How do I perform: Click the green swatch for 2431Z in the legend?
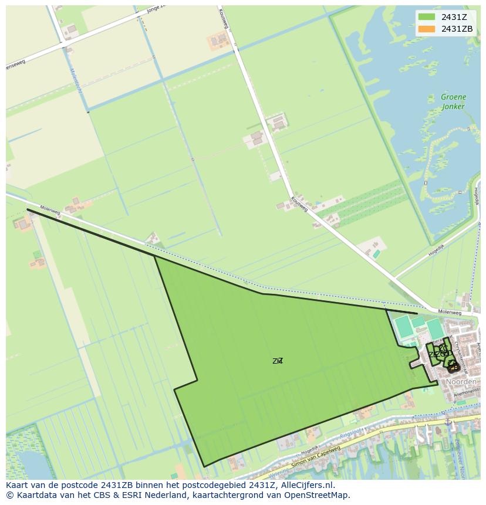tap(427, 17)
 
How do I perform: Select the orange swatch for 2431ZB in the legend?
tap(427, 29)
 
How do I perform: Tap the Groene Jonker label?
tap(453, 101)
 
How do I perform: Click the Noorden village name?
tap(461, 382)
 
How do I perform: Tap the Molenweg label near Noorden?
tap(451, 312)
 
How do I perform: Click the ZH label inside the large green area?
tap(278, 361)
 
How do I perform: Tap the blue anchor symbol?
tap(448, 421)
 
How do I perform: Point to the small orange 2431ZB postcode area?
tap(453, 368)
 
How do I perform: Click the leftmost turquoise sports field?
tap(404, 326)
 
